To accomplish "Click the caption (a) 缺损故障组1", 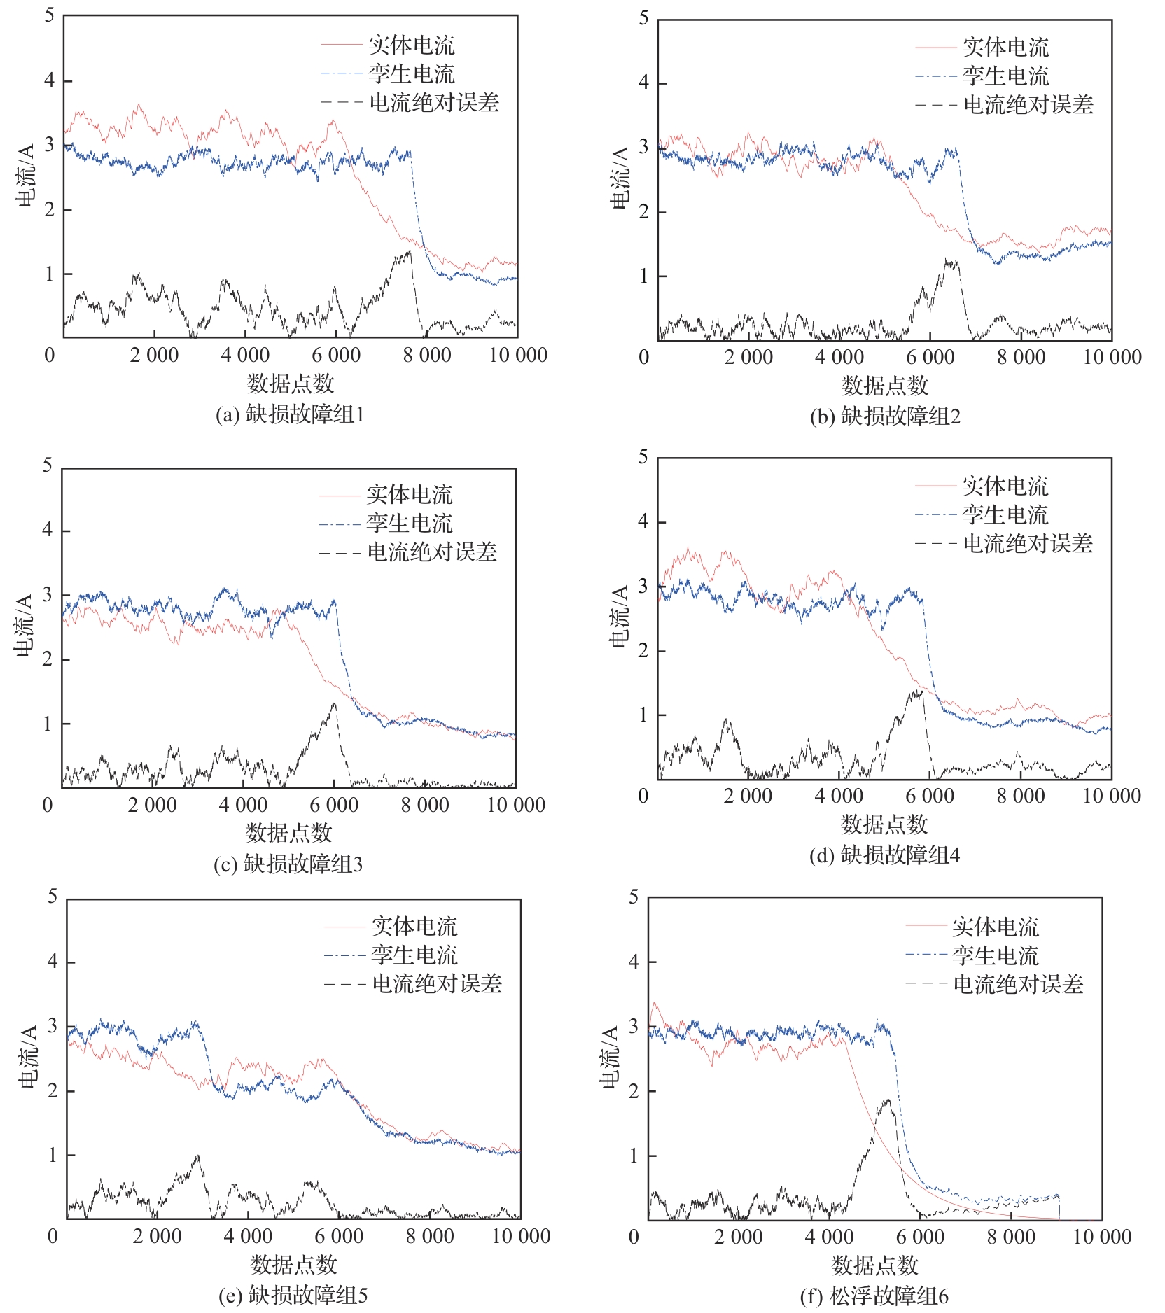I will [290, 414].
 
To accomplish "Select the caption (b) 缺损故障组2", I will [885, 416].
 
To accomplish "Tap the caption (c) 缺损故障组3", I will [288, 864].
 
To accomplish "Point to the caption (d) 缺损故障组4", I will [884, 855].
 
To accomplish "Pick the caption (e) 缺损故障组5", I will [293, 1296].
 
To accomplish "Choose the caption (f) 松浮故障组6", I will [874, 1296].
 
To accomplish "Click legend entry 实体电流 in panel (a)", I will [411, 45].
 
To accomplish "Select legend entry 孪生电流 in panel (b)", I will [1005, 76].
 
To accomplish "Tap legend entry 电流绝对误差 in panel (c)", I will [432, 552].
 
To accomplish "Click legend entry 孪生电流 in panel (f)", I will [995, 955].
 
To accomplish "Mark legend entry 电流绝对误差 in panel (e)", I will [437, 984].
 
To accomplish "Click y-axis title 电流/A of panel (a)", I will [25, 176].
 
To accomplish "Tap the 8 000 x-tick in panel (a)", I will [427, 355].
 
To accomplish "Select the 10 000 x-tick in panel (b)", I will [1112, 357].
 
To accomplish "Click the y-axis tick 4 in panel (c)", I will [48, 530].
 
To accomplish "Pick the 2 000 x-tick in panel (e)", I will [158, 1236].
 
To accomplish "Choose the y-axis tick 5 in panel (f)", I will [634, 897].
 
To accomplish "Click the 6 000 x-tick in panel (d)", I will [930, 796].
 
